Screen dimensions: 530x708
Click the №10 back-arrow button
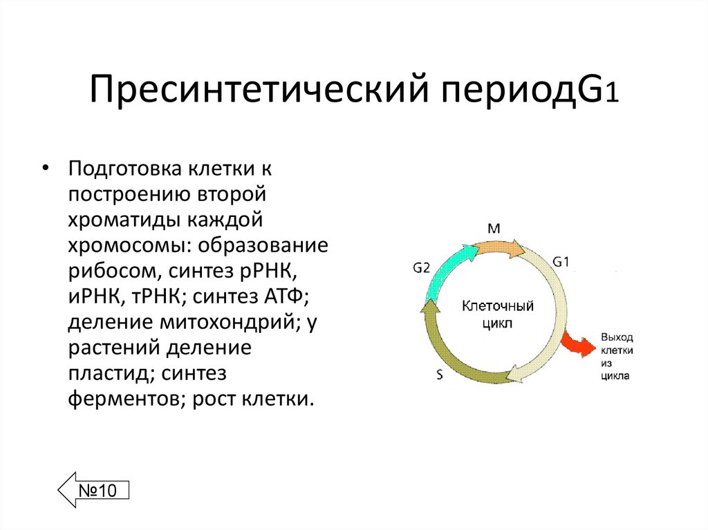[94, 491]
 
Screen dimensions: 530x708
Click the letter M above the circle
[494, 227]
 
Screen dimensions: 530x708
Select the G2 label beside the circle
[422, 267]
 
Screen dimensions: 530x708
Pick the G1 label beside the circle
[561, 261]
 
